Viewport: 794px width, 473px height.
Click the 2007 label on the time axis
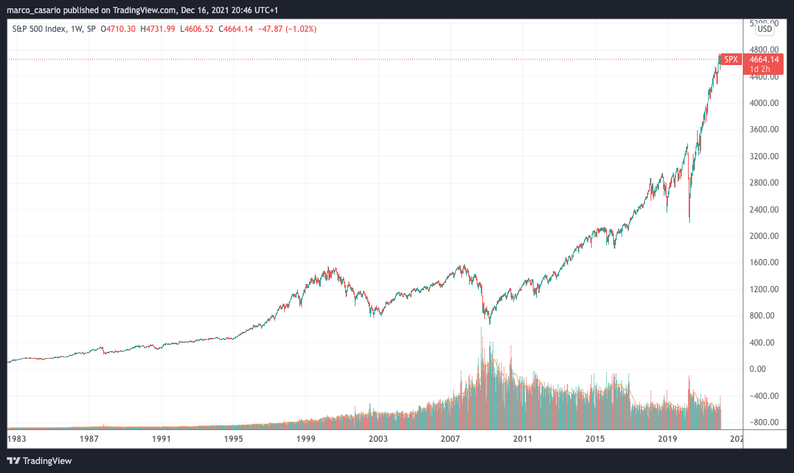click(x=450, y=438)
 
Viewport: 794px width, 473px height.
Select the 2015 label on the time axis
click(x=594, y=438)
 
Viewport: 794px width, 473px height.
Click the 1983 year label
click(x=17, y=438)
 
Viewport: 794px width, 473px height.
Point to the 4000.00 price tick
click(x=765, y=103)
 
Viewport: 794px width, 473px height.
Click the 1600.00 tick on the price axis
click(x=765, y=262)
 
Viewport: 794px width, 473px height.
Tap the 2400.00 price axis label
click(x=765, y=209)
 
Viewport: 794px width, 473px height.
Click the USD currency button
click(x=765, y=29)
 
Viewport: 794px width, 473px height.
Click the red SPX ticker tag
click(x=731, y=60)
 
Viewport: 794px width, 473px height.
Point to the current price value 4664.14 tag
click(x=765, y=60)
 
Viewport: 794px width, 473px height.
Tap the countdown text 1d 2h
click(x=765, y=69)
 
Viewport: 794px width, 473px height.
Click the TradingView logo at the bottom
click(x=39, y=461)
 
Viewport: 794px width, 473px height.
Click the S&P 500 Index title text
click(x=39, y=29)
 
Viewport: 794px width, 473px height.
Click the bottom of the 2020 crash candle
click(x=690, y=222)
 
